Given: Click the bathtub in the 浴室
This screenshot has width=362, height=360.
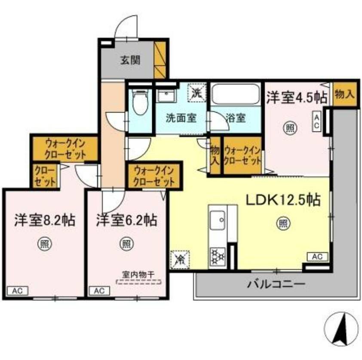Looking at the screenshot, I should point(236,95).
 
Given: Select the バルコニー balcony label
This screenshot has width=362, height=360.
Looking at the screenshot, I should point(276,284).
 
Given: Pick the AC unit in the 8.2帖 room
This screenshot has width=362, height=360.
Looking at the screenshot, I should point(18,290).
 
